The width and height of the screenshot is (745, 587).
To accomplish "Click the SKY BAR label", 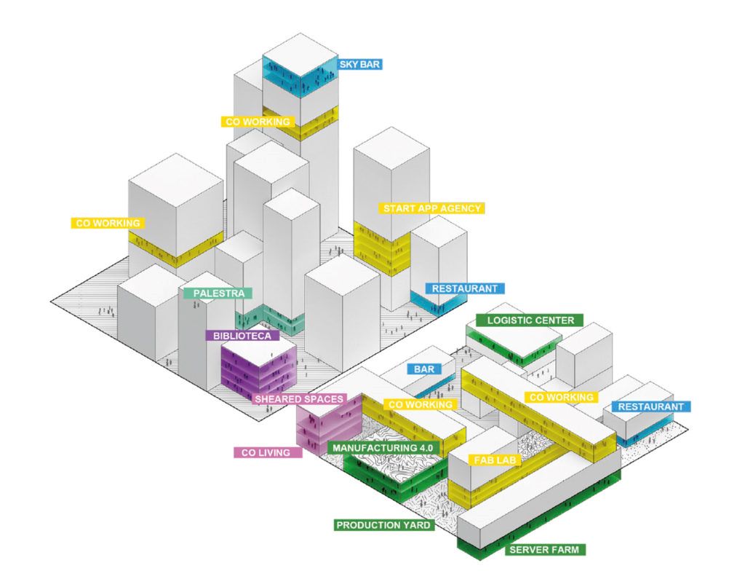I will (x=359, y=64).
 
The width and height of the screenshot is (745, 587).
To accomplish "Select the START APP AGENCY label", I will (x=433, y=208).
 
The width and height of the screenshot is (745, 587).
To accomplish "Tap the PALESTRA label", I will (x=218, y=293).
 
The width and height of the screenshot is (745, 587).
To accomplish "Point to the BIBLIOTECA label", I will (x=242, y=336).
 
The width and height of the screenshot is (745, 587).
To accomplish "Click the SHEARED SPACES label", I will (x=298, y=399).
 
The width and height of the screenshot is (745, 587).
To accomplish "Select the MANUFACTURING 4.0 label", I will (x=382, y=447).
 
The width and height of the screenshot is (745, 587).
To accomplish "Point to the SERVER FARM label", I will (x=545, y=549).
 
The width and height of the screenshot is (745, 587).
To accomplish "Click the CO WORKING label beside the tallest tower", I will (x=256, y=122).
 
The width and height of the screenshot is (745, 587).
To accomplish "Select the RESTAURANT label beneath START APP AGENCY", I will (x=464, y=288).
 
